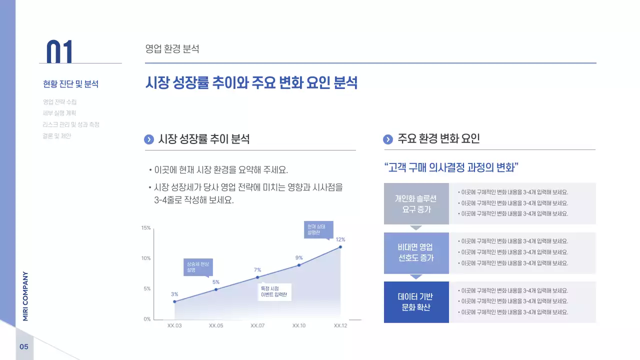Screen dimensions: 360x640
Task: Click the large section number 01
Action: pyautogui.click(x=59, y=51)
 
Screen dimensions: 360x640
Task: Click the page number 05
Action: pyautogui.click(x=24, y=347)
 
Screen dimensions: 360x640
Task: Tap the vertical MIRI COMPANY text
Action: pyautogui.click(x=25, y=296)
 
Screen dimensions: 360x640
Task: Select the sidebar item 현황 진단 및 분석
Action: pyautogui.click(x=70, y=84)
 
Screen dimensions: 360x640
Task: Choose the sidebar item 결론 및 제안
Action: pyautogui.click(x=57, y=135)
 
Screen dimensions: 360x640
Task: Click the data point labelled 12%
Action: pyautogui.click(x=340, y=246)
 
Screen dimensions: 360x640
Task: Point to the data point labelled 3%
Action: pyautogui.click(x=174, y=301)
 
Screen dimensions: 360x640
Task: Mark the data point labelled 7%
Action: pyautogui.click(x=257, y=277)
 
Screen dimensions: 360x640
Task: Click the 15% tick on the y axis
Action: pyautogui.click(x=146, y=228)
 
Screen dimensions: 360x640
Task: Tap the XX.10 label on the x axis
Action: pyautogui.click(x=299, y=325)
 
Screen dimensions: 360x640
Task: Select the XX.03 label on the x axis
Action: pyautogui.click(x=174, y=325)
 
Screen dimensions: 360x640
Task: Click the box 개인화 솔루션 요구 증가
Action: pyautogui.click(x=416, y=203)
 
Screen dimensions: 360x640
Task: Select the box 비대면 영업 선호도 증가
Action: pyautogui.click(x=416, y=253)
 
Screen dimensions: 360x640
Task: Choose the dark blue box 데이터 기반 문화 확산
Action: pyautogui.click(x=416, y=302)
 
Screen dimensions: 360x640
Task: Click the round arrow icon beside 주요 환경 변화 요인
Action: pyautogui.click(x=388, y=139)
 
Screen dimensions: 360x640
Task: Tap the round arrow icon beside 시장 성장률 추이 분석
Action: pyautogui.click(x=149, y=139)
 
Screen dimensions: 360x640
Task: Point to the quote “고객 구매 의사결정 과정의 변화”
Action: pyautogui.click(x=451, y=167)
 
